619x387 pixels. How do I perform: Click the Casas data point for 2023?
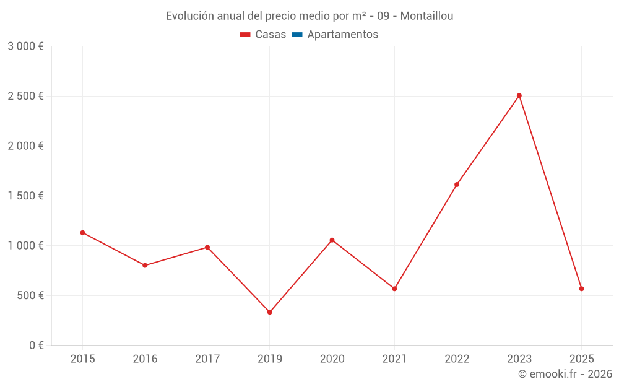(519, 96)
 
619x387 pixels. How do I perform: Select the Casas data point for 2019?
(270, 312)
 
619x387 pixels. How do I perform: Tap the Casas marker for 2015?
(82, 233)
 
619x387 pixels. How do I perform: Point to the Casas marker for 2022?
(457, 185)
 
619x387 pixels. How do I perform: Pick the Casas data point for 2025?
(582, 289)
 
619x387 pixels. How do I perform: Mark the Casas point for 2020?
(332, 240)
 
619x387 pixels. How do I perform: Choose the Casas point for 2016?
(145, 266)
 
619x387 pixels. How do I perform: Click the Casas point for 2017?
(207, 248)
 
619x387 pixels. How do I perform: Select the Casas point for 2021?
(394, 289)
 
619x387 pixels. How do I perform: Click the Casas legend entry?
(263, 35)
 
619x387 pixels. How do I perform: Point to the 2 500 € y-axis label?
(25, 96)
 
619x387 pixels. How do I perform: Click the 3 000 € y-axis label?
(25, 46)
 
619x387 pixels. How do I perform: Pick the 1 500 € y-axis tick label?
(25, 196)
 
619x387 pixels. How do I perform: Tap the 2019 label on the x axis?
(270, 359)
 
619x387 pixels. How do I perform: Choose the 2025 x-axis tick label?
(582, 359)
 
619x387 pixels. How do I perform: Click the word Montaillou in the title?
(426, 16)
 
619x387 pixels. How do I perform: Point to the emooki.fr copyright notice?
(565, 374)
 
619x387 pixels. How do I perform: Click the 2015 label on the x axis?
(82, 359)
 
